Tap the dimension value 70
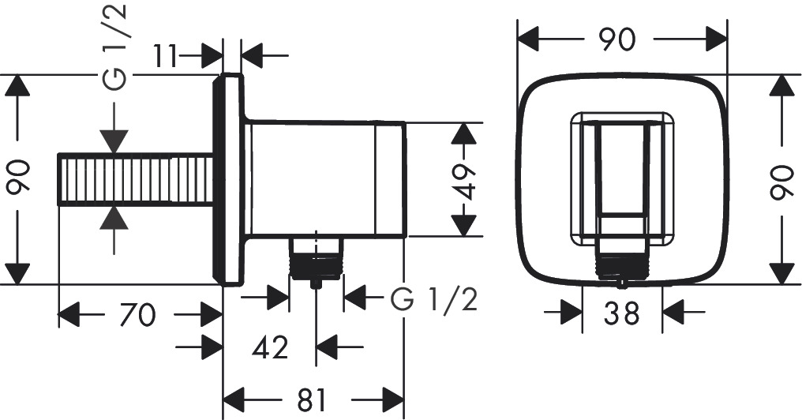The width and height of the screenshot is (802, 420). tap(139, 316)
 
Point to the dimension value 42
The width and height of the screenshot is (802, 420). tap(270, 346)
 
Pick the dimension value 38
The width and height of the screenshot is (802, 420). tap(621, 314)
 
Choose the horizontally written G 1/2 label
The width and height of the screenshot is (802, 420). tap(433, 299)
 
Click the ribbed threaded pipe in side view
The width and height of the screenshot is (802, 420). tap(136, 180)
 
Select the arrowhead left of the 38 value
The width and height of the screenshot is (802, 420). tap(569, 313)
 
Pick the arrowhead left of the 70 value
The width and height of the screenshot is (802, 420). tap(71, 316)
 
